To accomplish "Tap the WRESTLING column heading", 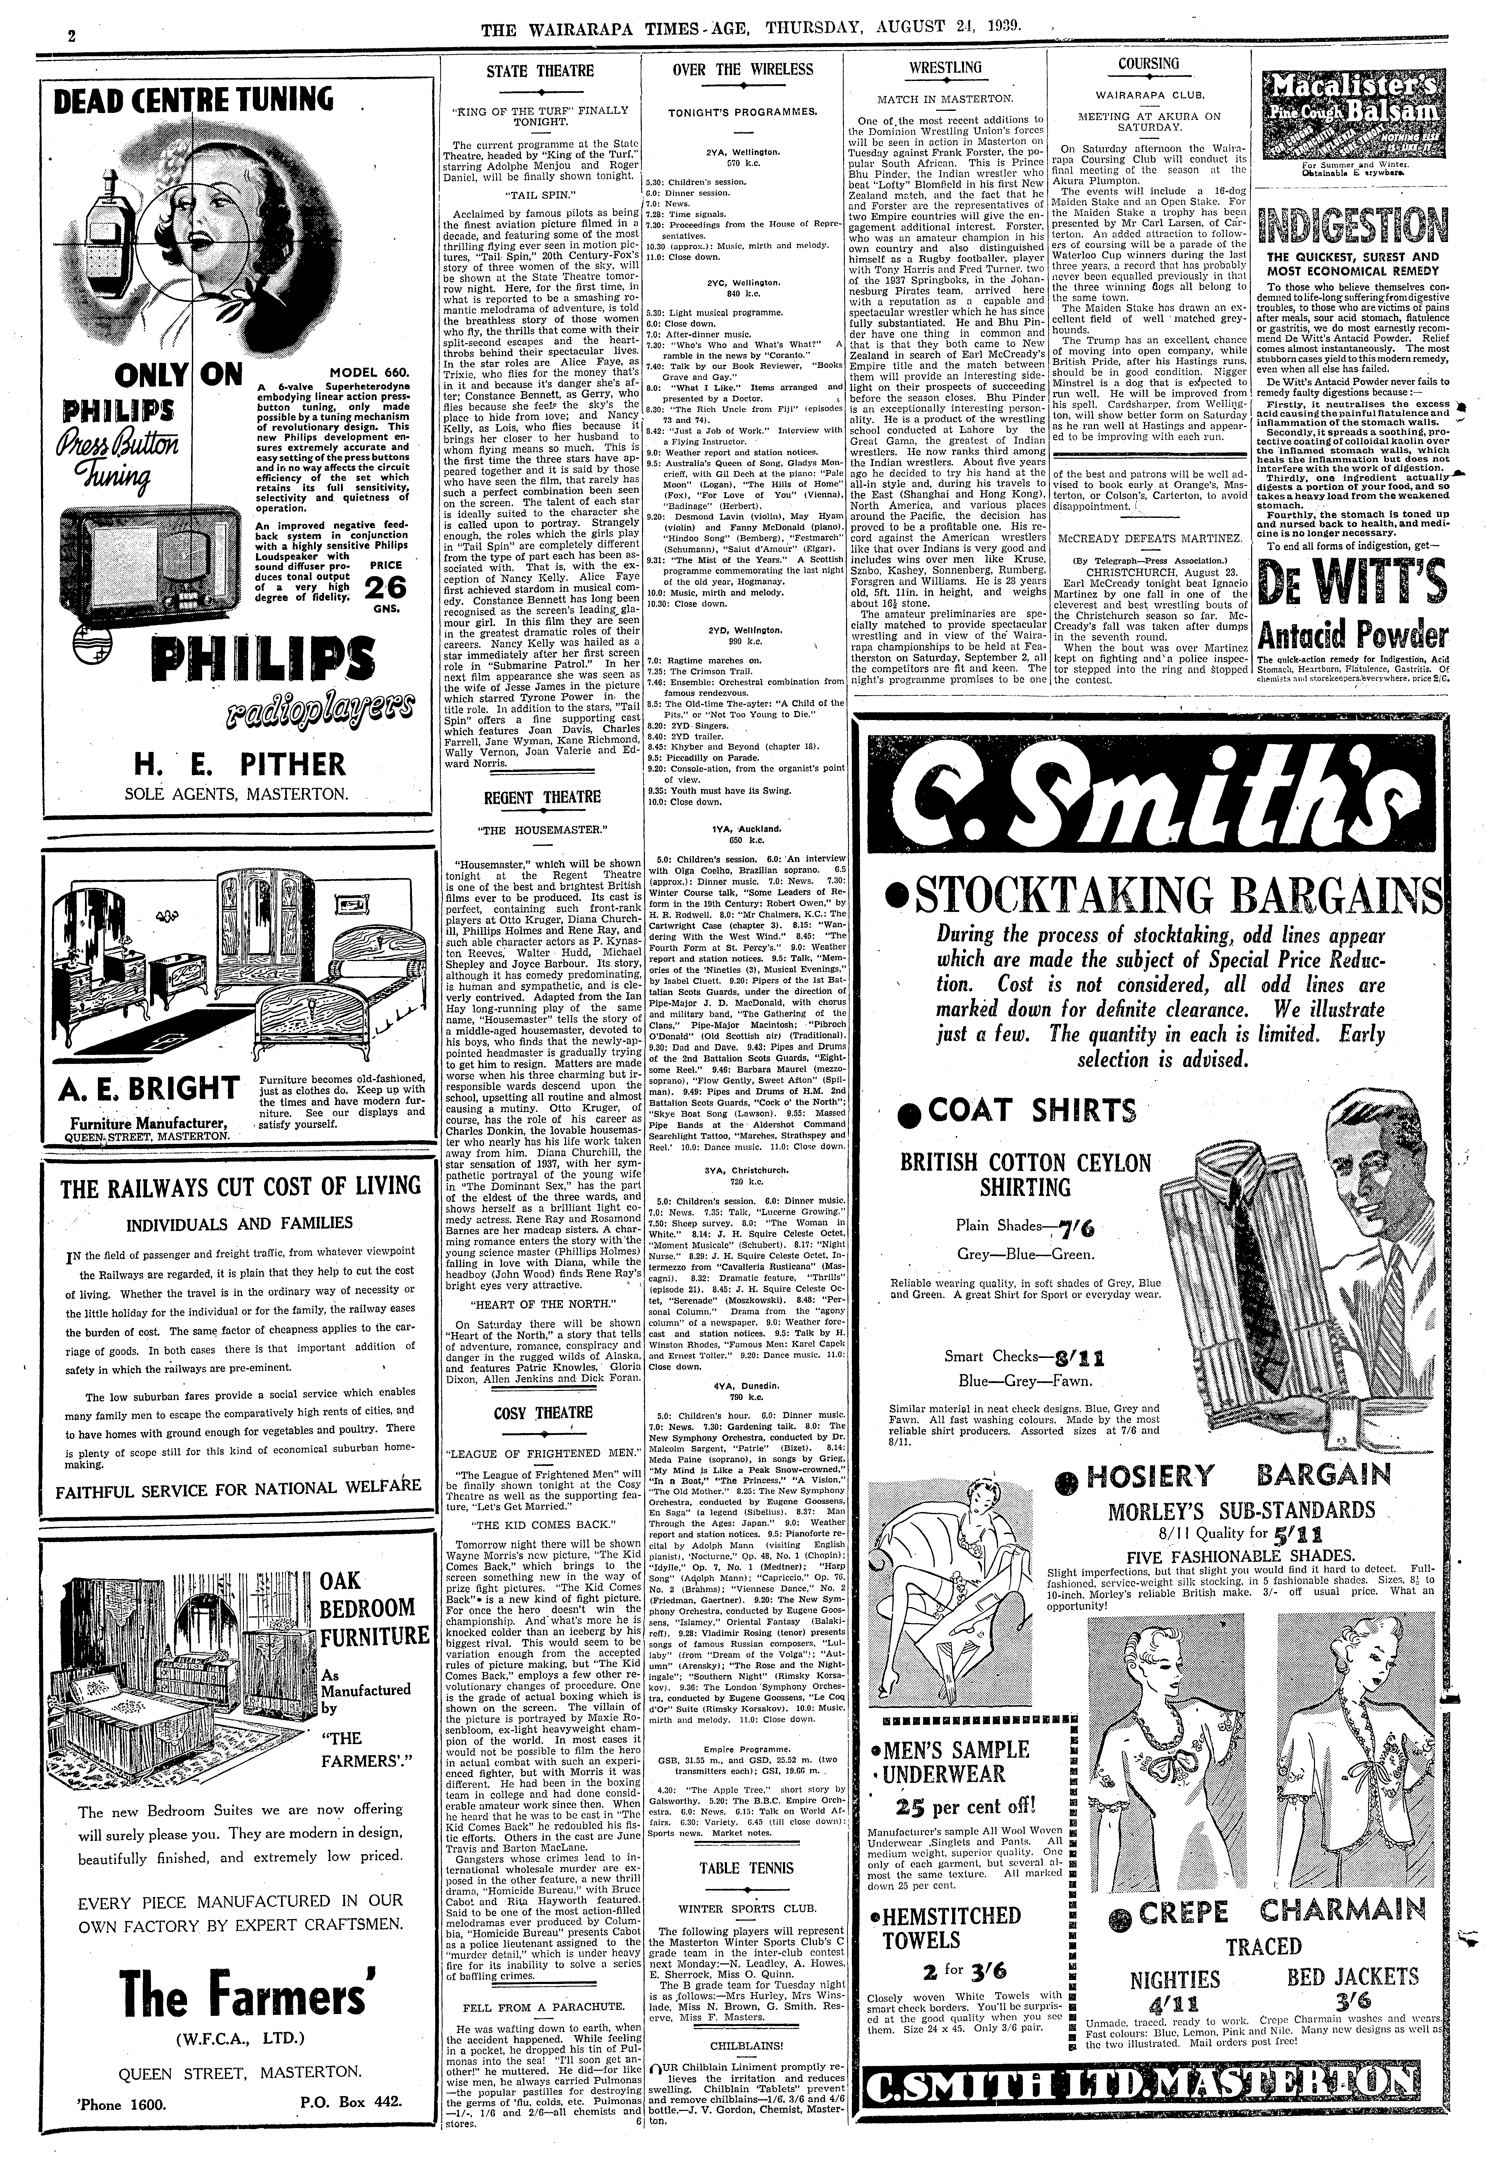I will pyautogui.click(x=945, y=68).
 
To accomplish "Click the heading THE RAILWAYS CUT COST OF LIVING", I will pyautogui.click(x=240, y=1188).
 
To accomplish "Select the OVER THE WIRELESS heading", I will pyautogui.click(x=742, y=70).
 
